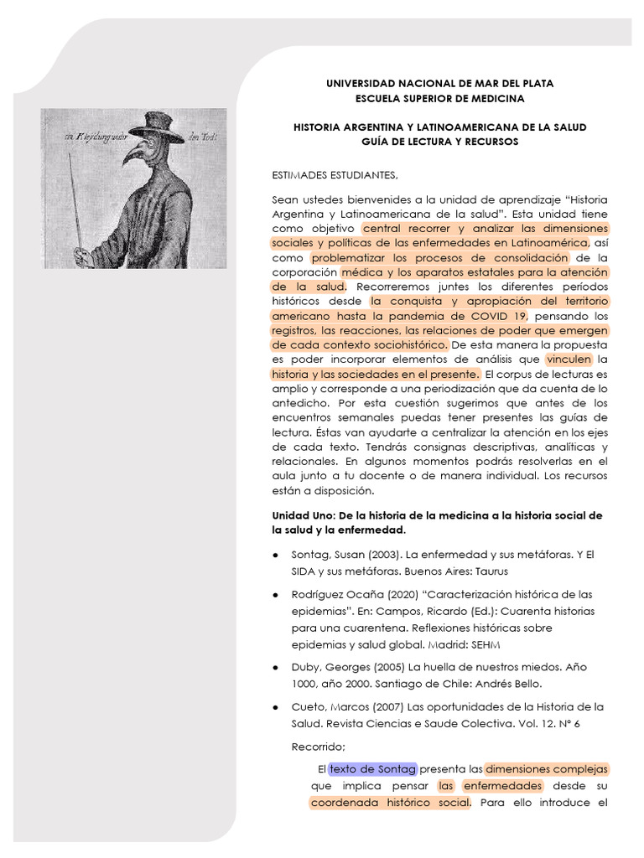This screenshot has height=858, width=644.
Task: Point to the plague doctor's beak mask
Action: point(138,154)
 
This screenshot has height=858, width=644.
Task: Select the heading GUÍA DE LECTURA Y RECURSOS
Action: point(439,142)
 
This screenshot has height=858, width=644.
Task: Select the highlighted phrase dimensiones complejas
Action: point(547,768)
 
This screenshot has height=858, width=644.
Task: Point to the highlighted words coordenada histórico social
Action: point(390,804)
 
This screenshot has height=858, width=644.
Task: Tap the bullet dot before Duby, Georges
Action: point(277,668)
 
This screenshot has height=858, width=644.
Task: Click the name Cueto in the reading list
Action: point(309,707)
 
